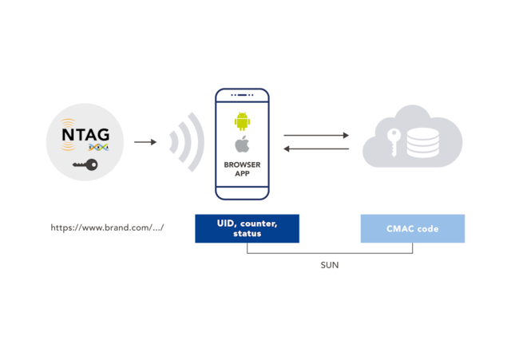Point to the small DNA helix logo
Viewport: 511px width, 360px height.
(98, 148)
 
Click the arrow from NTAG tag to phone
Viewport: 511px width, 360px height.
(145, 142)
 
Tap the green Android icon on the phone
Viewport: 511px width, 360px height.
(242, 121)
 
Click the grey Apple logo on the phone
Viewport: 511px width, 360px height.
(242, 145)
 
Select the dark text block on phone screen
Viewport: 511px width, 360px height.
(242, 168)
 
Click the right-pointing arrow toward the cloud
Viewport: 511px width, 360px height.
(316, 135)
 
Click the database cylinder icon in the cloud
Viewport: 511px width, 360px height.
(422, 142)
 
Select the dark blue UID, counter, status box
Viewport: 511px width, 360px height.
(247, 228)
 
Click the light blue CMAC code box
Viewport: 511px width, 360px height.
(412, 228)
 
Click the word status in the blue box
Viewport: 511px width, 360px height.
(247, 234)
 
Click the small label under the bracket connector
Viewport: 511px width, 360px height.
(329, 265)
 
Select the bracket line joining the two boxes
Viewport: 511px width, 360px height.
(329, 254)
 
